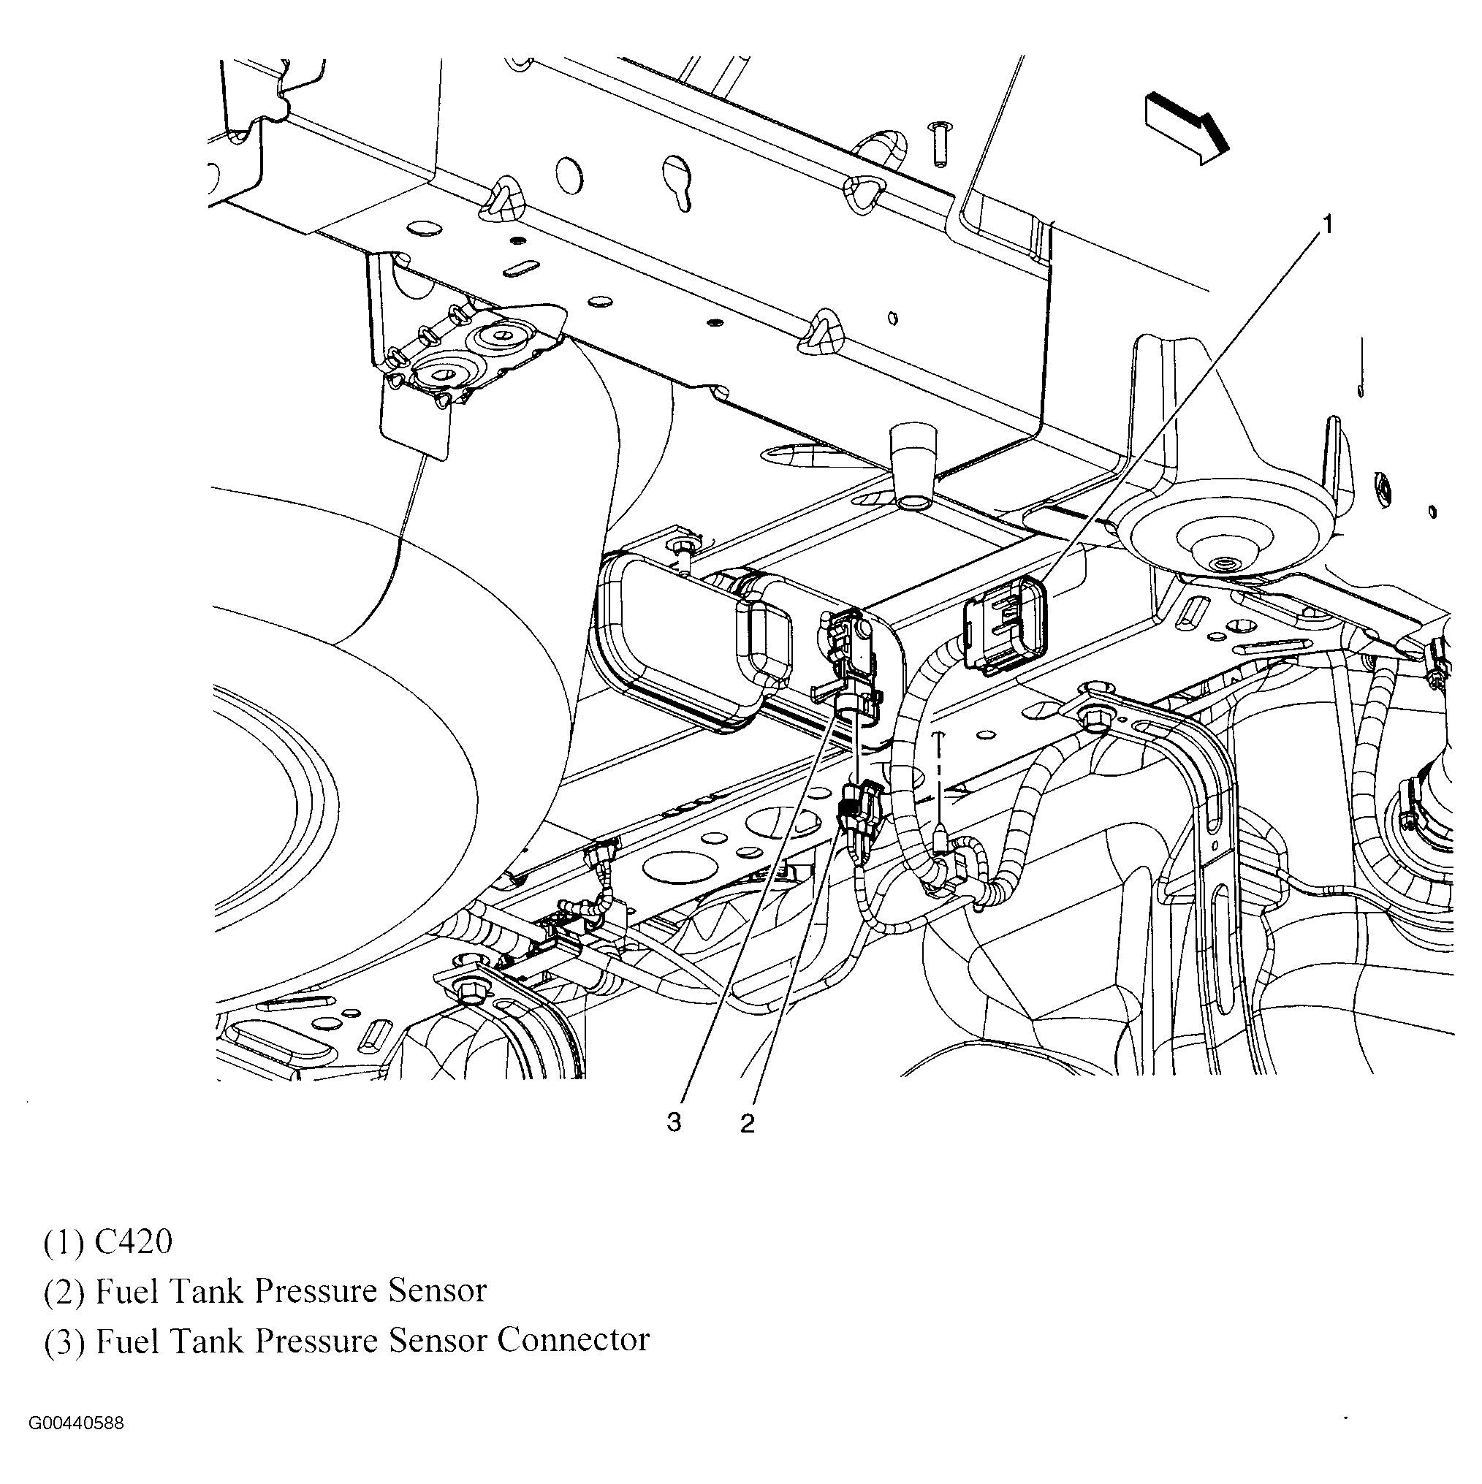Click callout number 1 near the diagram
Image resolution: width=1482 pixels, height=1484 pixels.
[x=1326, y=224]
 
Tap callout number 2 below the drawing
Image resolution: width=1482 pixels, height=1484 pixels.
[x=748, y=1124]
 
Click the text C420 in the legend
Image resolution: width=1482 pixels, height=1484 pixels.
[x=133, y=1241]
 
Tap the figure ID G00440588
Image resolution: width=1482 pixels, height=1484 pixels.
[x=76, y=1423]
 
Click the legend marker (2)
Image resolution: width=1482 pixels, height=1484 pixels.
[x=64, y=1292]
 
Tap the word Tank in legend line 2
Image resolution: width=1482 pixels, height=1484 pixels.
[x=206, y=1290]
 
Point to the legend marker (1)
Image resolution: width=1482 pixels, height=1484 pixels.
[x=64, y=1243]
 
